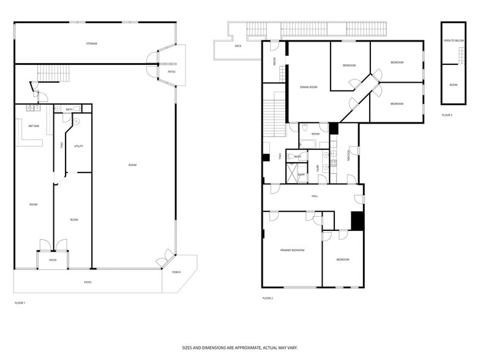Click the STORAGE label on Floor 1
coord(91,43)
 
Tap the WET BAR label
coord(34,126)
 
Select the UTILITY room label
coord(78,146)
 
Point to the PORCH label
coord(176,272)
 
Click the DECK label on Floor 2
coord(238,46)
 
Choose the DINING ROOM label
coord(309,87)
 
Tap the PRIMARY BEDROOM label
coord(292,250)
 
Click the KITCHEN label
coord(348,156)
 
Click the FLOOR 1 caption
coord(20,302)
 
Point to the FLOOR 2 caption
coord(268,298)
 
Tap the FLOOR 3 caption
coord(447,115)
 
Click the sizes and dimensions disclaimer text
coord(240,347)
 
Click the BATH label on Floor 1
coord(70,110)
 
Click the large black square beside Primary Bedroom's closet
coord(357,221)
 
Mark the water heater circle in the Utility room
coord(77,122)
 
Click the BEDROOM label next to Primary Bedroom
coord(343,260)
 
